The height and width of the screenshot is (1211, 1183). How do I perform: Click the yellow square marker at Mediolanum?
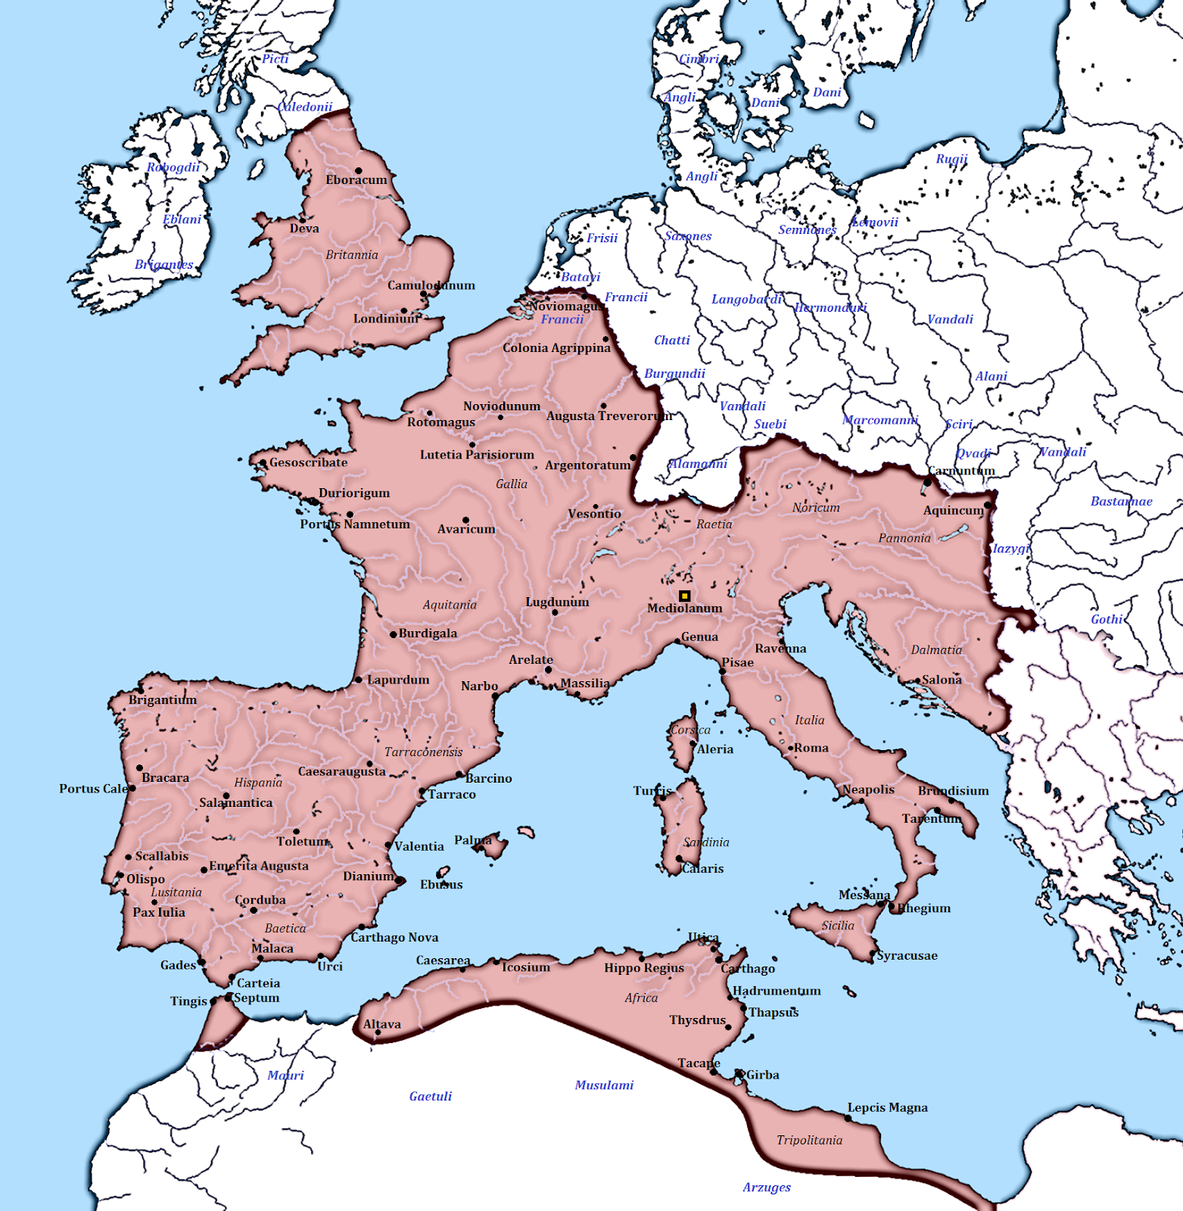(x=684, y=596)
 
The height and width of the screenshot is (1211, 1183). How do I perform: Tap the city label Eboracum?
(x=356, y=180)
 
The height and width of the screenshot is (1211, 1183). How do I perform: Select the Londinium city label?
(x=386, y=319)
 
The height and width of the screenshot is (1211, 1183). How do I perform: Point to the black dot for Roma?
(x=790, y=748)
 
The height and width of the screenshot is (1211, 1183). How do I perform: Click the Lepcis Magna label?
(x=887, y=1107)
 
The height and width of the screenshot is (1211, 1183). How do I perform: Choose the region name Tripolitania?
(x=809, y=1140)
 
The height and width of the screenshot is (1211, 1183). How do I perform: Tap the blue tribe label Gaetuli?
(x=430, y=1096)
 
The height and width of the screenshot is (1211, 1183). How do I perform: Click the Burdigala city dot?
(x=394, y=634)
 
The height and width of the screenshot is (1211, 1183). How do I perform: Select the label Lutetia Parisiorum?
(x=477, y=455)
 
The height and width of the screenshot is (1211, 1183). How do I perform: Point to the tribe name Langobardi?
(x=746, y=299)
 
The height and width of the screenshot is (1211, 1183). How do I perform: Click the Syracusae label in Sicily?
(x=907, y=955)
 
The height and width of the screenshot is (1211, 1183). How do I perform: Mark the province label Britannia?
(x=352, y=255)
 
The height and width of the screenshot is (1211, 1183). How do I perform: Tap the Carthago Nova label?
(x=394, y=938)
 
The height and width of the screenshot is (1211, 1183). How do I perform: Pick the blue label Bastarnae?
(x=1121, y=501)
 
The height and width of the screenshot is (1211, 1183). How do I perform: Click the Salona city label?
(x=942, y=680)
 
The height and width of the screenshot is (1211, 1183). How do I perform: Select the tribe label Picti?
(x=276, y=59)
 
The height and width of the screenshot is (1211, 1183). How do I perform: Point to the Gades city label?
(x=178, y=965)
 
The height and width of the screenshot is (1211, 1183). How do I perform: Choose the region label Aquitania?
(x=450, y=605)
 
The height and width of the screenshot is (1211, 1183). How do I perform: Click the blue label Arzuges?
(x=766, y=1187)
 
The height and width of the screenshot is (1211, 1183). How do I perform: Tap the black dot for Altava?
(x=378, y=1032)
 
